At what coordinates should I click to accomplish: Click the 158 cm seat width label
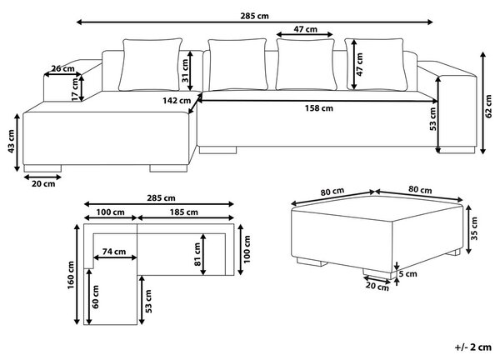[319, 108]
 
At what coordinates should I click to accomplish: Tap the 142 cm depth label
[177, 101]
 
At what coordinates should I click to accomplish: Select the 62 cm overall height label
[488, 106]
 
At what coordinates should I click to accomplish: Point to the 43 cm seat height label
[11, 142]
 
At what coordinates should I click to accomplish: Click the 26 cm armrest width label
[62, 68]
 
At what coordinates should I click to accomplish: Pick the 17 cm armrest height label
[75, 90]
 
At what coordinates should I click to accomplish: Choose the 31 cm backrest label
[185, 71]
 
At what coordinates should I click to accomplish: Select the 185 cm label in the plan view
[183, 212]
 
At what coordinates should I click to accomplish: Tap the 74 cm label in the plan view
[114, 252]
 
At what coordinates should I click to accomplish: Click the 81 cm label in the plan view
[197, 254]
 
